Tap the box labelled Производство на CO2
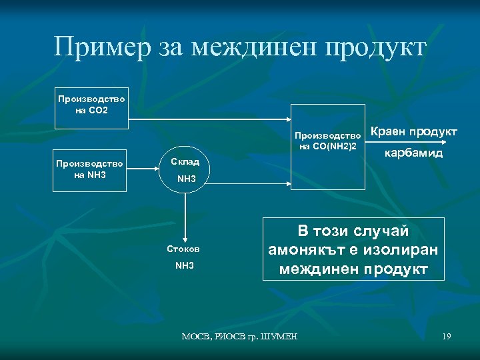pos(91,104)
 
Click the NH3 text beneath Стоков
pos(185,265)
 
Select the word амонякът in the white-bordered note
pos(304,251)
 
